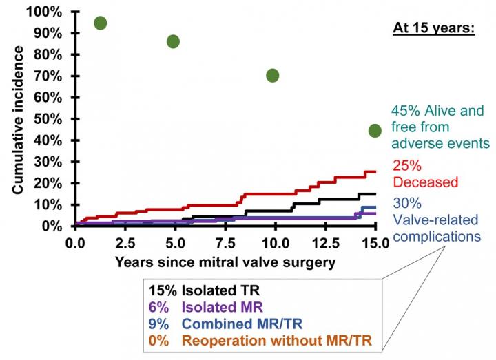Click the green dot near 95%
click(101, 23)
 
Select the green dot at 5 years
click(173, 41)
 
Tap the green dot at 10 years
click(272, 75)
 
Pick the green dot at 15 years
click(375, 130)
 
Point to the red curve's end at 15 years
click(374, 172)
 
